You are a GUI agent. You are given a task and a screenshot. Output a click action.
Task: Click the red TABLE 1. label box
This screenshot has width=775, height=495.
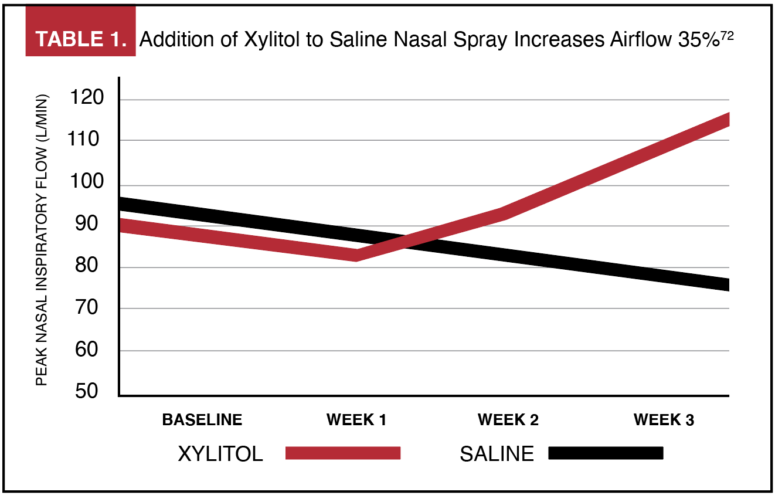click(81, 39)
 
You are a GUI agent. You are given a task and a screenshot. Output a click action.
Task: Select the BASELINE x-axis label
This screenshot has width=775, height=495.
click(202, 420)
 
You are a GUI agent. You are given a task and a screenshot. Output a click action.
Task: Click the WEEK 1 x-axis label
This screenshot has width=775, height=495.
click(356, 420)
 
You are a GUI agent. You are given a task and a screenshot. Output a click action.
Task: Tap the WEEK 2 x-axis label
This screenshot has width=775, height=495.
click(508, 420)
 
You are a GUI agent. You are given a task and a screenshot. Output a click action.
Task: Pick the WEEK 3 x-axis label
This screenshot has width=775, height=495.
click(663, 420)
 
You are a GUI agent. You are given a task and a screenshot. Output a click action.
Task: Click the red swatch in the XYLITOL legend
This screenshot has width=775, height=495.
click(343, 453)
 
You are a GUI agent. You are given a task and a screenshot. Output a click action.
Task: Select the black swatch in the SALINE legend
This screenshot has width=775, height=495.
click(606, 453)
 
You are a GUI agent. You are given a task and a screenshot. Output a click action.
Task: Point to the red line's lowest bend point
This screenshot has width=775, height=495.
click(356, 255)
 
